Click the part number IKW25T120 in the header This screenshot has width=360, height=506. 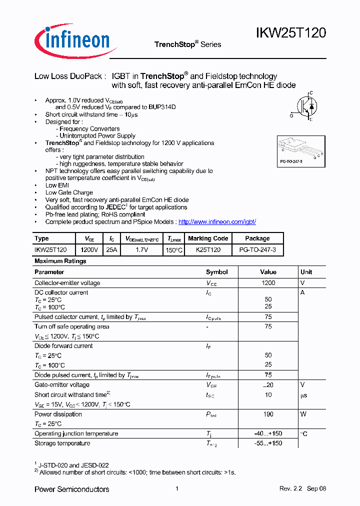[x=291, y=33]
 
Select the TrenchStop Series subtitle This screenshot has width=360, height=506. [x=187, y=44]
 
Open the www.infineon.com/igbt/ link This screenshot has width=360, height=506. [x=217, y=222]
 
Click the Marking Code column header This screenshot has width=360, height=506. [x=208, y=238]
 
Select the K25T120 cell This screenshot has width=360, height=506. [x=208, y=249]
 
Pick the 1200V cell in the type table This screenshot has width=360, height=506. [x=89, y=249]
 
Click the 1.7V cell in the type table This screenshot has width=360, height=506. [x=142, y=249]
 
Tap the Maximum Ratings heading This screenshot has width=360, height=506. [x=60, y=261]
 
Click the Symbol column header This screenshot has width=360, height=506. [x=216, y=272]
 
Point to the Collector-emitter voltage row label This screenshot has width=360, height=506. [x=67, y=283]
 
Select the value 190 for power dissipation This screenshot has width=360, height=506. [x=268, y=414]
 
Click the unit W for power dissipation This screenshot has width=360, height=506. [x=303, y=414]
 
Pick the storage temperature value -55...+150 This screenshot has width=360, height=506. [x=268, y=443]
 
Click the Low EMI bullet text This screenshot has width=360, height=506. [x=58, y=185]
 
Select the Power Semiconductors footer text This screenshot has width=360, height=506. [x=71, y=489]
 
